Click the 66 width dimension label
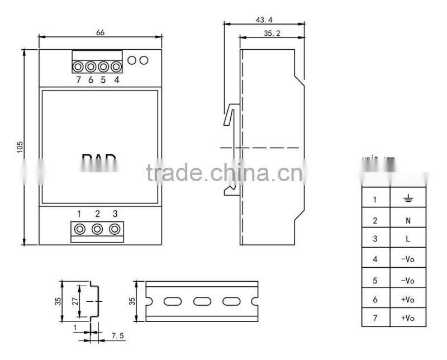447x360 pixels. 101,32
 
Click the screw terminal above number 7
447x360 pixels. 78,67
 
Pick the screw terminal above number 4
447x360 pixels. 116,67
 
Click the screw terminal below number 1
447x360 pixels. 80,229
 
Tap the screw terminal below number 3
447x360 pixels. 115,229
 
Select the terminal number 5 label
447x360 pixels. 103,80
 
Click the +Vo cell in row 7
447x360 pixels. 408,318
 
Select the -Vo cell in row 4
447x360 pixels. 408,259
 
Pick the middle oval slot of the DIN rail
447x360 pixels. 201,302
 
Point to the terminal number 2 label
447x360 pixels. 97,214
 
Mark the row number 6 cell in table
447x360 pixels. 375,300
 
